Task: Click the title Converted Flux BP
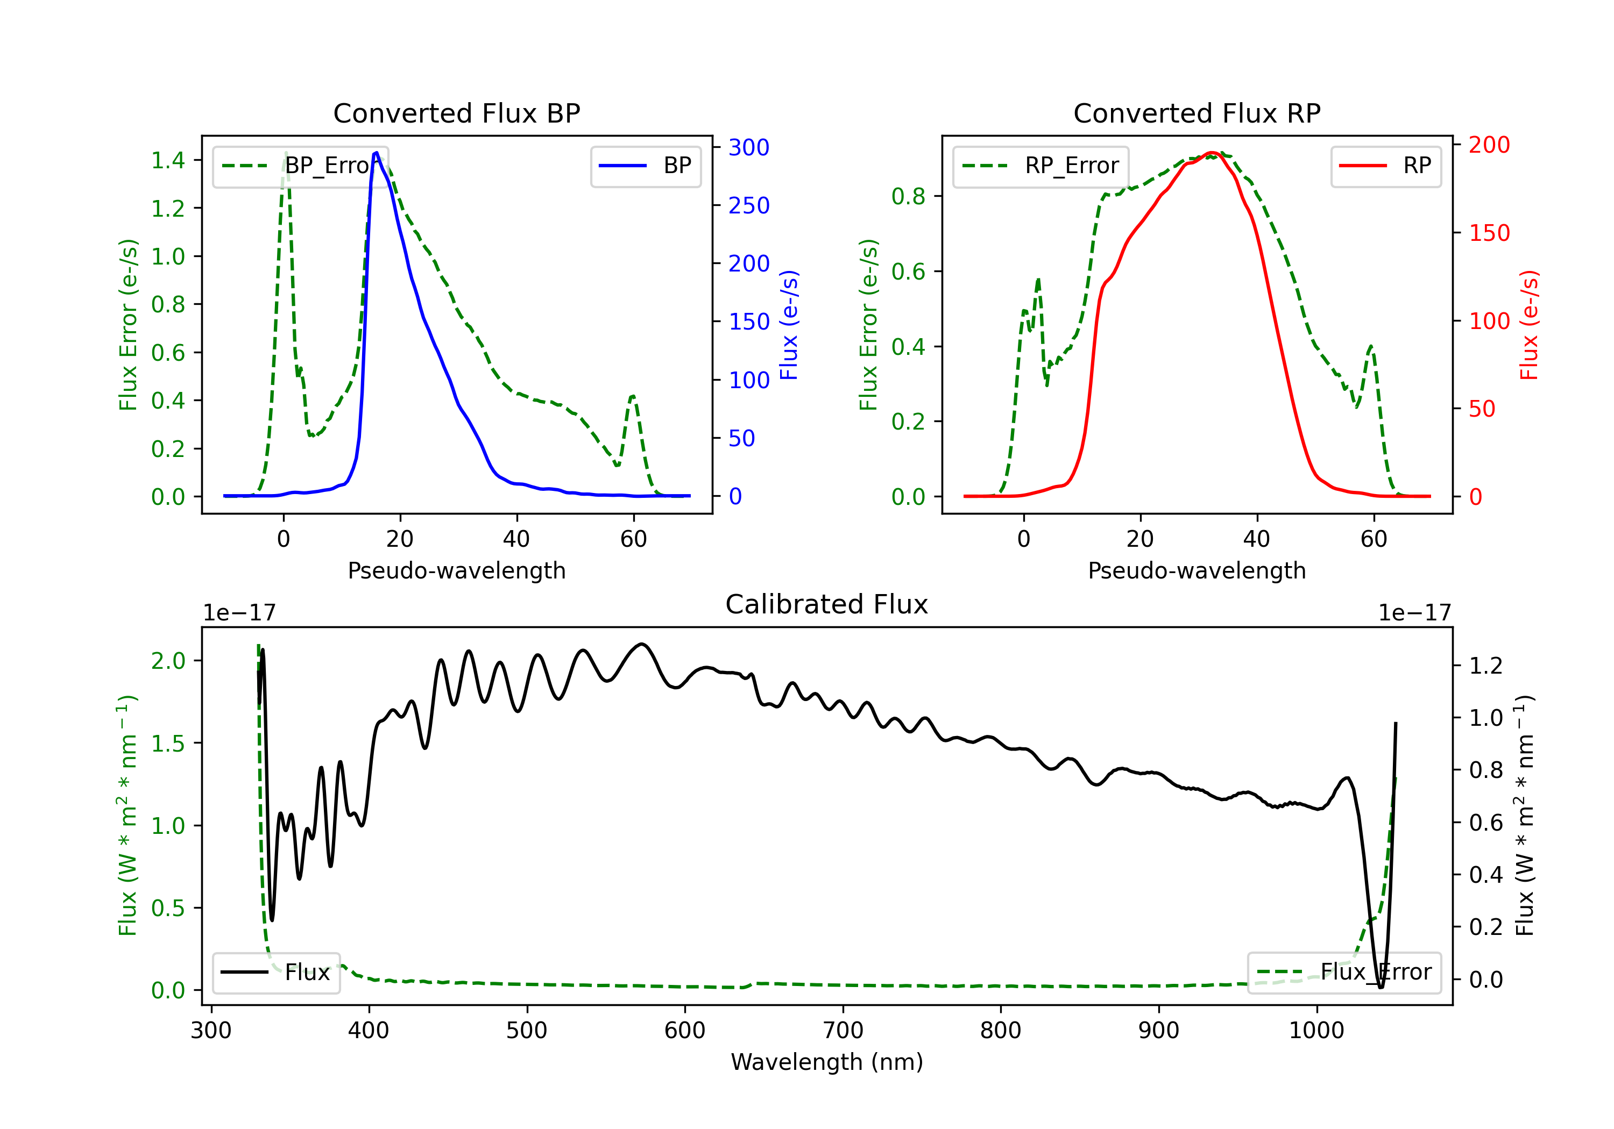(x=457, y=113)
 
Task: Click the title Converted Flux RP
(x=1197, y=113)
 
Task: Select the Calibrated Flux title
(x=827, y=604)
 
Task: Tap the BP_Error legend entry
(x=301, y=166)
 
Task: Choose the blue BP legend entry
(x=645, y=166)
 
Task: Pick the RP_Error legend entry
(x=1040, y=166)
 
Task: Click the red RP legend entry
(x=1385, y=166)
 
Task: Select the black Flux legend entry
(x=275, y=973)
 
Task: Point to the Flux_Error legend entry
(x=1343, y=973)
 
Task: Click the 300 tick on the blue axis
(x=749, y=147)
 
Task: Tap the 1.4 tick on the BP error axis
(x=168, y=160)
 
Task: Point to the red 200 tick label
(x=1489, y=145)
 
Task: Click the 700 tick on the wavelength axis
(x=843, y=1031)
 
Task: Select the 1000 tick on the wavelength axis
(x=1316, y=1031)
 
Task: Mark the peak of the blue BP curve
(x=377, y=153)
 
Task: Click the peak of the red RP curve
(x=1212, y=153)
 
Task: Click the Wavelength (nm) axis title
(x=827, y=1062)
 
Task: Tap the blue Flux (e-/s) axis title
(x=789, y=325)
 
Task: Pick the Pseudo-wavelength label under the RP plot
(x=1197, y=570)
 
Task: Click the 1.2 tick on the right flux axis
(x=1486, y=666)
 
